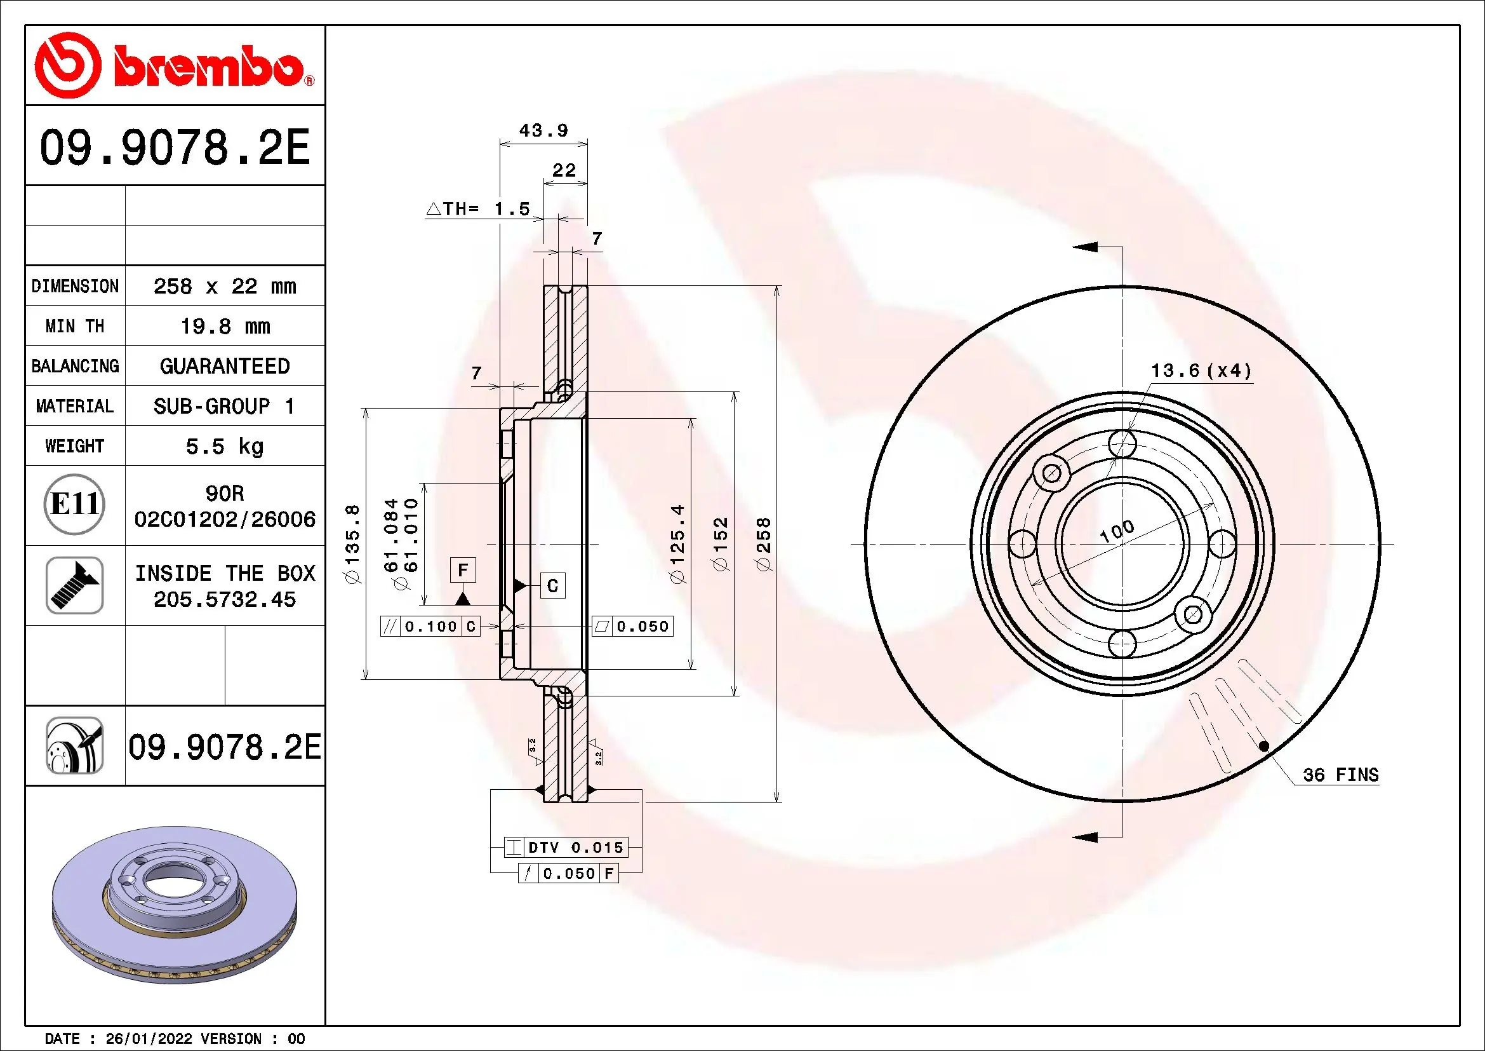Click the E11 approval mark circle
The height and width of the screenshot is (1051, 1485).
click(74, 504)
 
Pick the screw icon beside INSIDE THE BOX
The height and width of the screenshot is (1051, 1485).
click(74, 585)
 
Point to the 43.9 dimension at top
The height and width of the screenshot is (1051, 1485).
click(543, 131)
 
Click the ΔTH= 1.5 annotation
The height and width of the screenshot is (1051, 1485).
click(478, 209)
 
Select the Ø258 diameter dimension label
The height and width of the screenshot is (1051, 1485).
click(764, 544)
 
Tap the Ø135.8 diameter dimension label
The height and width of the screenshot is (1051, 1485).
click(352, 544)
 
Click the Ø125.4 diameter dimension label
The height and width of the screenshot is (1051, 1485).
click(677, 544)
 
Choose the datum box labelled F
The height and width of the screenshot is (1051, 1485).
click(462, 570)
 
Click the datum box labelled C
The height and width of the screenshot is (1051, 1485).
click(552, 586)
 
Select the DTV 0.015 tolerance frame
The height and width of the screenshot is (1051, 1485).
click(565, 847)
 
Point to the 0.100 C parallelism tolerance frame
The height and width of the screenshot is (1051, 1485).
click(430, 627)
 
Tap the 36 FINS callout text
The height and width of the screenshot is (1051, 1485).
click(1340, 775)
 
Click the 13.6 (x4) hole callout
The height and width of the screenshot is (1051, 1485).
click(1201, 371)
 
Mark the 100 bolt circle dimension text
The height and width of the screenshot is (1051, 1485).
click(1117, 531)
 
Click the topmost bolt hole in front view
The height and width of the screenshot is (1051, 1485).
click(1122, 444)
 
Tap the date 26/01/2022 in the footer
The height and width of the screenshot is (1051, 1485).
click(148, 1039)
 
